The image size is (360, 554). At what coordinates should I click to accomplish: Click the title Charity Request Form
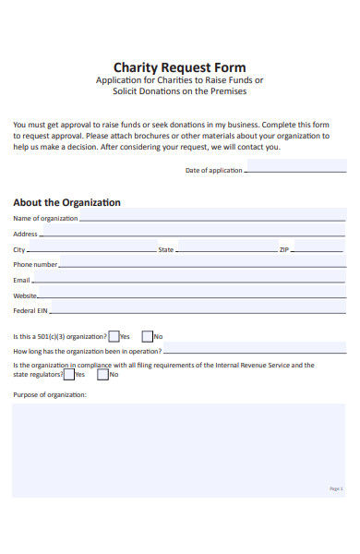(179, 66)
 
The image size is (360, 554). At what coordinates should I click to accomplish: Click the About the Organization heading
(66, 202)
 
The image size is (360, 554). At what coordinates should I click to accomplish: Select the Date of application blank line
(294, 171)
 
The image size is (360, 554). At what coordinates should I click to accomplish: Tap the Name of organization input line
(212, 219)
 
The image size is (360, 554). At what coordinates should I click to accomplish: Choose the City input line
(91, 250)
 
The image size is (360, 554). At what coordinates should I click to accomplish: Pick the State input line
(226, 250)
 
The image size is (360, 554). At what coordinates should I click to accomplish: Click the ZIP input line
(318, 250)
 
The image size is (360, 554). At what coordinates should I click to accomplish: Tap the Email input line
(188, 280)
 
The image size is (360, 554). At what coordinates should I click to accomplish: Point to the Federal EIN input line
(194, 311)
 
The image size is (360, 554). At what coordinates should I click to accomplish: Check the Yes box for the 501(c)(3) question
(114, 336)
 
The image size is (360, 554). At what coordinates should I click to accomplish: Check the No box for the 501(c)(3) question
(148, 336)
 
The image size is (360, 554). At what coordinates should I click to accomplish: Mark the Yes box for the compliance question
(68, 374)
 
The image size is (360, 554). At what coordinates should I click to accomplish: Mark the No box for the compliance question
(103, 374)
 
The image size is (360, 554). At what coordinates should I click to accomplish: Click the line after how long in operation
(254, 352)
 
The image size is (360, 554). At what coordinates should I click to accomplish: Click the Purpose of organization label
(50, 394)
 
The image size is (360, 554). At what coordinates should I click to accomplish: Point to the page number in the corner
(335, 488)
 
